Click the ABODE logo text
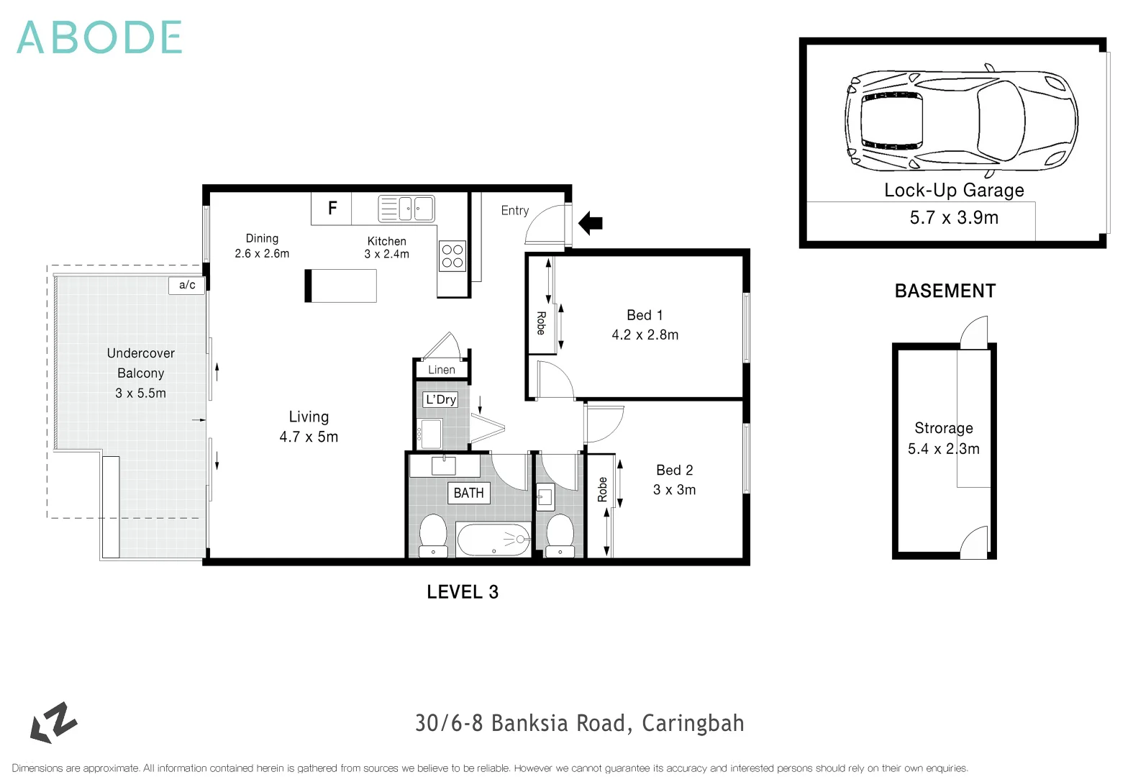(99, 37)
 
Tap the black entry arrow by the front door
(591, 223)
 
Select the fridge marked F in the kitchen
(332, 209)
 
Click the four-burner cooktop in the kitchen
(452, 256)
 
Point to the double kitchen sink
(406, 209)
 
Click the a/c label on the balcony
(187, 285)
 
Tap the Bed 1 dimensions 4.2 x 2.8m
(645, 335)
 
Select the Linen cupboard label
(441, 370)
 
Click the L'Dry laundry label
(441, 399)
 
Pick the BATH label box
(469, 493)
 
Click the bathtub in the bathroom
(493, 540)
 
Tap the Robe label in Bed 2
(602, 489)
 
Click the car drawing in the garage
(961, 120)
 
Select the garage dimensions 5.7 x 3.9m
(954, 217)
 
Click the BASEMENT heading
(945, 291)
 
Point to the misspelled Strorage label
(943, 428)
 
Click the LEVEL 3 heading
(463, 592)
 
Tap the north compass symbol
(53, 722)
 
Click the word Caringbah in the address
(692, 723)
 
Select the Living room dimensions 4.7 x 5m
(309, 437)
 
